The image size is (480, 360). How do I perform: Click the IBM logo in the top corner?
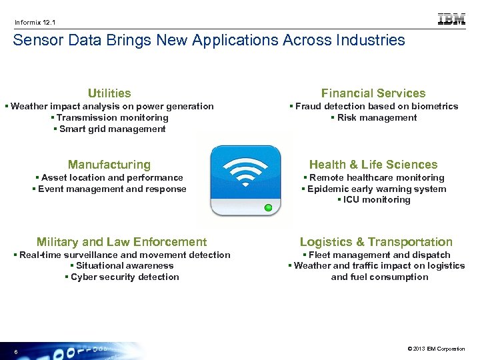[451, 19]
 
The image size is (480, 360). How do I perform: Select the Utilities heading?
[109, 93]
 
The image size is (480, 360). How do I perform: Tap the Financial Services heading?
[373, 93]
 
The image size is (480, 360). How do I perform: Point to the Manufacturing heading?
[109, 165]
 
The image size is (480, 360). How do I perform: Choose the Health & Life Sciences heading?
[373, 165]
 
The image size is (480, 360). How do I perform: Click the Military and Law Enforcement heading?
[122, 242]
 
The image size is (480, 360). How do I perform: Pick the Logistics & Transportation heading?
[376, 242]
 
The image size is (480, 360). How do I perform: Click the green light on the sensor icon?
[268, 208]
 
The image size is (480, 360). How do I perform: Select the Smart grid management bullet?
[109, 129]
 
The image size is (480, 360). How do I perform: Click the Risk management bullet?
[373, 118]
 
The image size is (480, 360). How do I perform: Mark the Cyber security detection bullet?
[122, 277]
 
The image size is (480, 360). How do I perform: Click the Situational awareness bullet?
[122, 266]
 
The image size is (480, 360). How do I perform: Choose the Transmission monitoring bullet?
[109, 118]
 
